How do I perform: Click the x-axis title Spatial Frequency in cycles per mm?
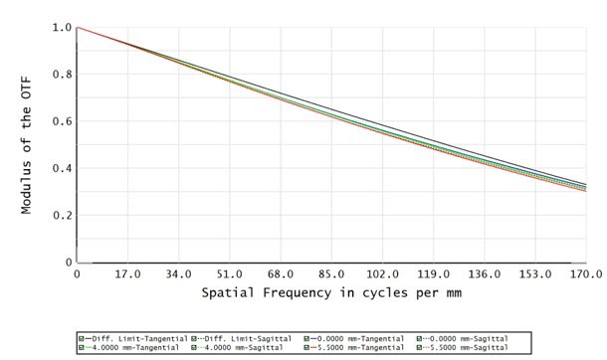[x=329, y=294]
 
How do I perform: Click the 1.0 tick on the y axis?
[x=61, y=28]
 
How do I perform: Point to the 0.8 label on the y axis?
[x=61, y=75]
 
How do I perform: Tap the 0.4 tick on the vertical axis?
[x=61, y=168]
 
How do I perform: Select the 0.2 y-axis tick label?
[x=61, y=215]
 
